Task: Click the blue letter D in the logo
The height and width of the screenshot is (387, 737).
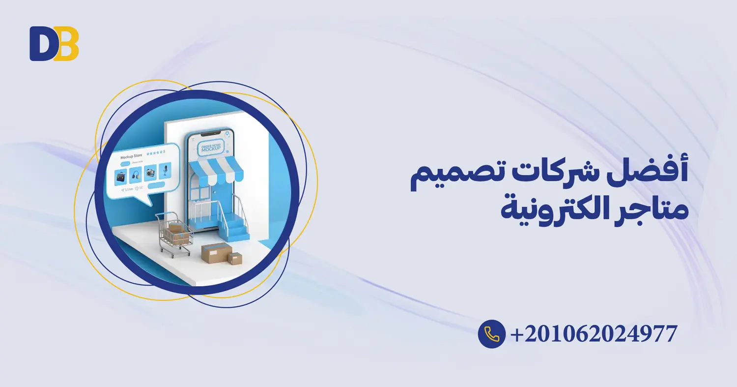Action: pyautogui.click(x=42, y=43)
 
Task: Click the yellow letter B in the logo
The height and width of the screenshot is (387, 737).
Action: pyautogui.click(x=66, y=43)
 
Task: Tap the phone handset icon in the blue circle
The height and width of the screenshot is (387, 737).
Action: pyautogui.click(x=491, y=334)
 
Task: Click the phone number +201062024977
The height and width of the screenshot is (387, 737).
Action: pyautogui.click(x=594, y=334)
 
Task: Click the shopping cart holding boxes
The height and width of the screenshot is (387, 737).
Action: pyautogui.click(x=174, y=235)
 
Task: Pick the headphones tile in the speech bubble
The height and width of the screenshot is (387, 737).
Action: pyautogui.click(x=136, y=174)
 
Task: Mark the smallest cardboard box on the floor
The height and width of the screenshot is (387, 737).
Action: pyautogui.click(x=235, y=258)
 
